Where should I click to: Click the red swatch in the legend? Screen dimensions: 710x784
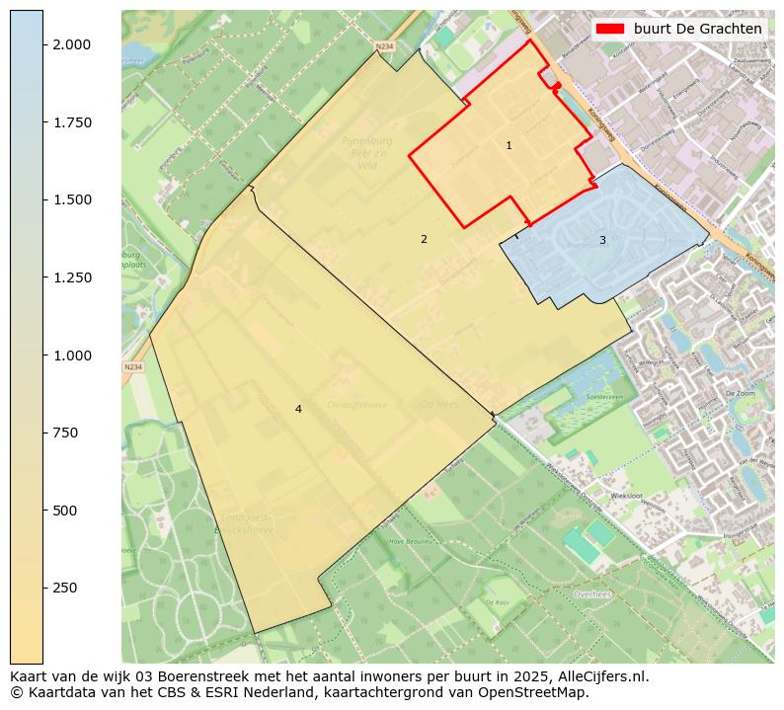coord(611,30)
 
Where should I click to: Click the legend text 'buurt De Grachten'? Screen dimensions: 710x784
coord(698,30)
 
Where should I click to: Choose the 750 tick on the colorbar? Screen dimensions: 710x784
coord(66,433)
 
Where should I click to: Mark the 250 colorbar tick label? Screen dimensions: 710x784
coord(66,588)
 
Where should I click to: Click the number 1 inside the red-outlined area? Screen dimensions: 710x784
coord(509,145)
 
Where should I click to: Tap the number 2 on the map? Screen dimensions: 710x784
coord(424,239)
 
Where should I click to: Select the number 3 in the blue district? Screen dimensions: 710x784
coord(602,240)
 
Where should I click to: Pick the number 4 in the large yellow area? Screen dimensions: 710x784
coord(298,409)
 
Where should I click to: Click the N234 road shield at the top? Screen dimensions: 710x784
coord(384,45)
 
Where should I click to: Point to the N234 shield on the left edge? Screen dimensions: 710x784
coord(133,367)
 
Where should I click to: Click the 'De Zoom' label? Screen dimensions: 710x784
coord(739,393)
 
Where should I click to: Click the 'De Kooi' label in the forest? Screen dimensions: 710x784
coord(497,601)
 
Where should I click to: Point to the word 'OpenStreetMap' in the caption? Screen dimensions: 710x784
coord(539,692)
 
